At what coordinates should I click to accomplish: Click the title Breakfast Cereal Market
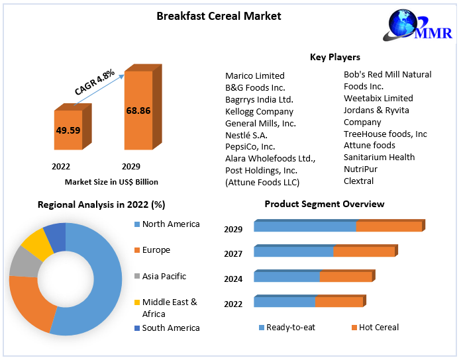coord(219,16)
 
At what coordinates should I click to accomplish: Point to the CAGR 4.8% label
coord(95,81)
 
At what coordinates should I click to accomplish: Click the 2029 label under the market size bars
coord(130,166)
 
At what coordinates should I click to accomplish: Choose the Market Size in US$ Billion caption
coord(111,181)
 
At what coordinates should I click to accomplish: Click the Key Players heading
coord(335,58)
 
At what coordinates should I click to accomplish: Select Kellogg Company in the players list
coord(259,111)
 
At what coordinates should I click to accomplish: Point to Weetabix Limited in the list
coord(378,99)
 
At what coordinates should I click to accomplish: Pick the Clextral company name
coord(358,181)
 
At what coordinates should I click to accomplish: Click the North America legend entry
coord(170,224)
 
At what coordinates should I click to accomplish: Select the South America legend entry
coord(170,328)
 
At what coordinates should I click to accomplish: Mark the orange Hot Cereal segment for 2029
coord(389,227)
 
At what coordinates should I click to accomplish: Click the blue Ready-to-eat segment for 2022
coord(284,302)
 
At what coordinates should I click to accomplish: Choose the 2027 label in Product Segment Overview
coord(233,254)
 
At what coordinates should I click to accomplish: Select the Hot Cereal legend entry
coord(378,328)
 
